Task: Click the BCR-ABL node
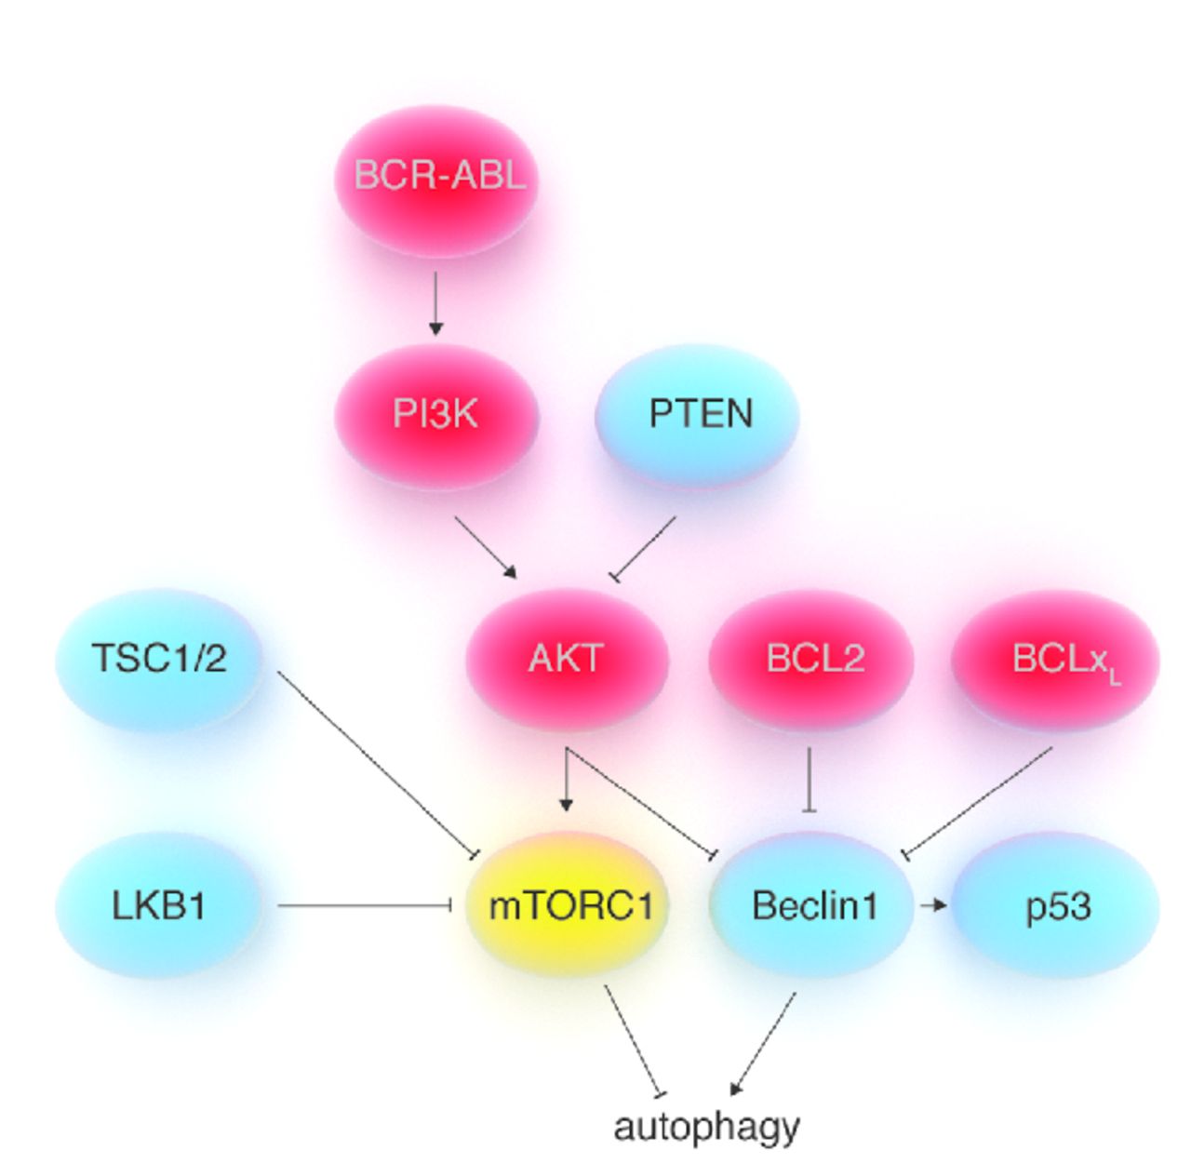(x=436, y=177)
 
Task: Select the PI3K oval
(x=436, y=415)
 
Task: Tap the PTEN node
(x=698, y=415)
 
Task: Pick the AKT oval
(x=567, y=660)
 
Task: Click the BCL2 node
(x=811, y=660)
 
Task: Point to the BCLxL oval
(x=1055, y=660)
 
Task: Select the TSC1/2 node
(x=159, y=660)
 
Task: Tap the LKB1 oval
(x=159, y=905)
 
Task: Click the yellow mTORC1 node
(x=569, y=905)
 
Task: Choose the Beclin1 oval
(x=812, y=905)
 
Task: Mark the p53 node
(x=1056, y=905)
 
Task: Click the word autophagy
(x=706, y=1127)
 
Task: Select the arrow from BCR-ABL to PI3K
(x=435, y=302)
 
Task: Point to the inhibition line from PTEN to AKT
(x=644, y=548)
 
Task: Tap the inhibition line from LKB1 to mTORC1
(x=363, y=905)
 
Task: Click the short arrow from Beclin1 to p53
(x=932, y=904)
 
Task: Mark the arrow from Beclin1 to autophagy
(x=764, y=1043)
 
